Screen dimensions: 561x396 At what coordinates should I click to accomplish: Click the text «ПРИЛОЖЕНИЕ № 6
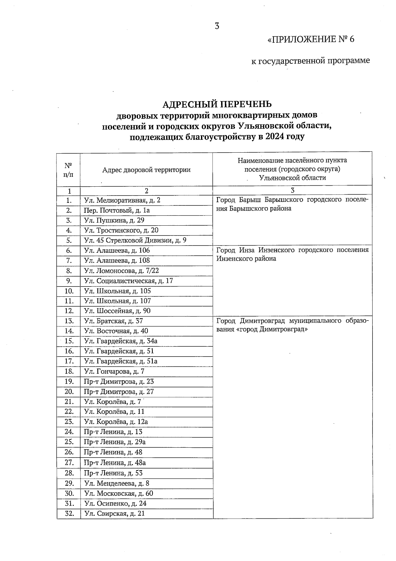pyautogui.click(x=311, y=40)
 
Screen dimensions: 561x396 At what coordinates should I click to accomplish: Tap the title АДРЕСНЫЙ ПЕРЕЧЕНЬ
pyautogui.click(x=217, y=104)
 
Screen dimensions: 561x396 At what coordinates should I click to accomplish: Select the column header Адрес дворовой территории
pyautogui.click(x=146, y=170)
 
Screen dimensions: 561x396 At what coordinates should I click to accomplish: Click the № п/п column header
pyautogui.click(x=68, y=169)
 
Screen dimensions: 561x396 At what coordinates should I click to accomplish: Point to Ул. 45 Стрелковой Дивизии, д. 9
pyautogui.click(x=135, y=240)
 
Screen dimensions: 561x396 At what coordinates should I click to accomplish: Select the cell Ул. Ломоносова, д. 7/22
pyautogui.click(x=121, y=271)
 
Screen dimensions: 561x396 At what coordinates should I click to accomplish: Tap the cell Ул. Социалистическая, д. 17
pyautogui.click(x=129, y=281)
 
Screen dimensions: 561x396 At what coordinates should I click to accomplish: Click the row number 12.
pyautogui.click(x=69, y=311)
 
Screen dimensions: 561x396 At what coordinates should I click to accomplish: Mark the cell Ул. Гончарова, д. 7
pyautogui.click(x=114, y=371)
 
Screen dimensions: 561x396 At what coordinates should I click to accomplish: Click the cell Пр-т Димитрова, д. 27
pyautogui.click(x=119, y=392)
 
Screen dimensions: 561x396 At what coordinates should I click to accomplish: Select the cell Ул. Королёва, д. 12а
pyautogui.click(x=116, y=422)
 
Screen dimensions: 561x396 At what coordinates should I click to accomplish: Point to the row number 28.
pyautogui.click(x=69, y=473)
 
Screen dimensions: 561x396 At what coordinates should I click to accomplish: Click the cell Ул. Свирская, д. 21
pyautogui.click(x=115, y=513)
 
